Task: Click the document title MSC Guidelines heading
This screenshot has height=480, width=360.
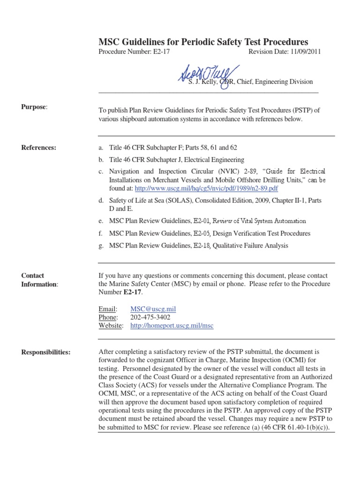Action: pyautogui.click(x=203, y=42)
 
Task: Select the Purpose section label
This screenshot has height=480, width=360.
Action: pyautogui.click(x=34, y=107)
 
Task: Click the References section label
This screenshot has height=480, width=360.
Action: pyautogui.click(x=38, y=148)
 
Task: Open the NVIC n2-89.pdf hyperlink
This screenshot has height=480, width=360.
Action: pyautogui.click(x=206, y=188)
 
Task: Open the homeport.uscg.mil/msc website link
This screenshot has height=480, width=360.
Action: pyautogui.click(x=172, y=325)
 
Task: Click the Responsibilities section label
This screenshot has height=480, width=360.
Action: pyautogui.click(x=46, y=352)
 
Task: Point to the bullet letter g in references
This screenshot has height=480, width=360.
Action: pyautogui.click(x=101, y=245)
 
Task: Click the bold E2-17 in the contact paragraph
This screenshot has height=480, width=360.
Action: pyautogui.click(x=133, y=292)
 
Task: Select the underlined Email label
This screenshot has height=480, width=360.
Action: pyautogui.click(x=107, y=309)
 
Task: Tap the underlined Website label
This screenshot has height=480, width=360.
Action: pyautogui.click(x=111, y=325)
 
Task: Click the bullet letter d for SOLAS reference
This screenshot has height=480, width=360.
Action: pyautogui.click(x=101, y=201)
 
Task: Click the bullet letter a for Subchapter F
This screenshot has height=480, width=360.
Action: pyautogui.click(x=100, y=148)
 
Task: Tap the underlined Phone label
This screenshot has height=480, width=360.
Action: pyautogui.click(x=108, y=317)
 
